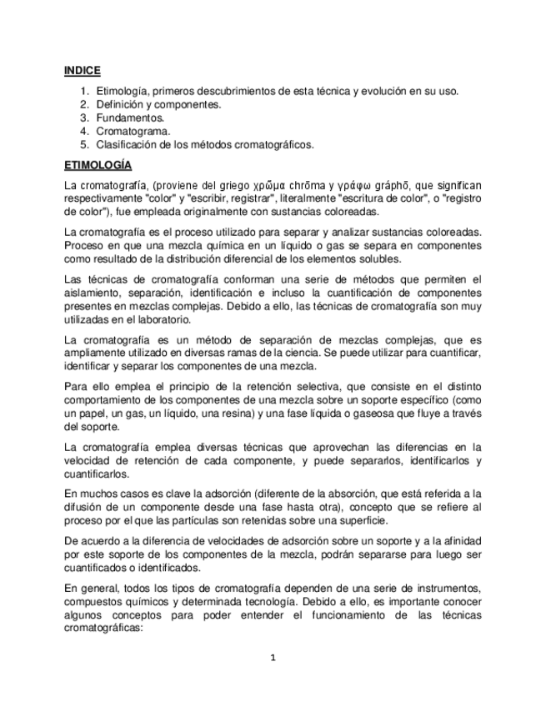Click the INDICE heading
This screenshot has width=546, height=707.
(83, 72)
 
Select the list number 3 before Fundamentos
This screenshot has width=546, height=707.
(84, 118)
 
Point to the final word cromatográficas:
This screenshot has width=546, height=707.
(104, 629)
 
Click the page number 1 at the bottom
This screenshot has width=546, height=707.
(273, 658)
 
